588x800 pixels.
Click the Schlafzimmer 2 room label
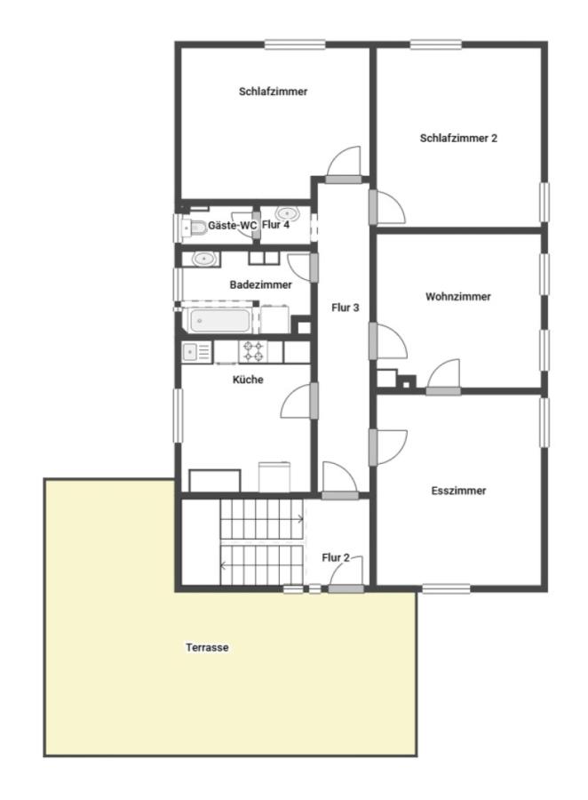(x=458, y=138)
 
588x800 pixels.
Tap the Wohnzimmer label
(x=458, y=296)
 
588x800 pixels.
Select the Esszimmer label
(x=458, y=491)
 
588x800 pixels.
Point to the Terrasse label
(x=207, y=647)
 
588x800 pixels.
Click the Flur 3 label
(x=346, y=308)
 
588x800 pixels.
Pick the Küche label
(x=248, y=380)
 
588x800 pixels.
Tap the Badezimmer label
(x=260, y=284)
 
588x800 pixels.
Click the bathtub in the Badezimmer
(x=219, y=321)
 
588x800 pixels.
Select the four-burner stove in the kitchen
(x=253, y=351)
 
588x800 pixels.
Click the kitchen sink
(x=196, y=352)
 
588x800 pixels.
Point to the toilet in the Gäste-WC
(x=193, y=228)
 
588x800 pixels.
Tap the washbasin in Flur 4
(x=287, y=212)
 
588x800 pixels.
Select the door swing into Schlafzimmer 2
(x=387, y=206)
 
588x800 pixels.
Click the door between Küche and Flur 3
(x=298, y=401)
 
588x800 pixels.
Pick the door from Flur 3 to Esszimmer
(x=388, y=447)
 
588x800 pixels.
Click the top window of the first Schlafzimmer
(x=295, y=45)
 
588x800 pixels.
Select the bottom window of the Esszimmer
(x=446, y=588)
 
